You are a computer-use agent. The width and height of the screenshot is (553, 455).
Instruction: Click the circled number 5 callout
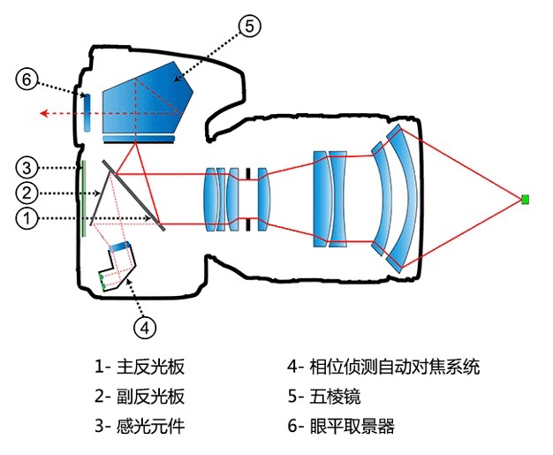(x=250, y=27)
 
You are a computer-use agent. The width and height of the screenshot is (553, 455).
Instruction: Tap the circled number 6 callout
(x=27, y=80)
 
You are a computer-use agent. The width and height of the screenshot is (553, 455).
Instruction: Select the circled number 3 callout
(x=27, y=167)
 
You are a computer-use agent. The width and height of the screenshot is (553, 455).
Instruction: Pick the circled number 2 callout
(x=27, y=193)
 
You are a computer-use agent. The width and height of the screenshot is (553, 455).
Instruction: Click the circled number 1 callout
(x=27, y=218)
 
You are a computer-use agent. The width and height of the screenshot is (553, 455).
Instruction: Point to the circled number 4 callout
(x=145, y=329)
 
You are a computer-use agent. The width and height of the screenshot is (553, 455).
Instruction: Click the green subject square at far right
(x=526, y=200)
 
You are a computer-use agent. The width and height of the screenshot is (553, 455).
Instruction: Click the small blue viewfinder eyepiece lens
(x=87, y=113)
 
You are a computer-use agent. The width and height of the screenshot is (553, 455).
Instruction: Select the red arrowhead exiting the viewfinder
(x=44, y=113)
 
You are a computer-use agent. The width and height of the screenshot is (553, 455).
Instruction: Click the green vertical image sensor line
(x=84, y=199)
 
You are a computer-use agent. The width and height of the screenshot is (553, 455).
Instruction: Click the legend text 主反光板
(x=150, y=367)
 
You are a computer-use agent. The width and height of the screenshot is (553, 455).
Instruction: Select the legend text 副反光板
(x=150, y=397)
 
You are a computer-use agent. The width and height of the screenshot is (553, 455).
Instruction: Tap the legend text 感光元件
(x=150, y=426)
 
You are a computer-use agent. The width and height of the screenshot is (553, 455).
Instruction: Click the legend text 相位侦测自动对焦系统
(x=395, y=367)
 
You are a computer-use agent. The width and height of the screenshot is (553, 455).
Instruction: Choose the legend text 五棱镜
(x=336, y=397)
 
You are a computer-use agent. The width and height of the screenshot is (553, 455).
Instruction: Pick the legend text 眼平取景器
(x=352, y=426)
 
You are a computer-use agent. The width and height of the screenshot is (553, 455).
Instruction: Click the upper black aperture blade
(x=248, y=174)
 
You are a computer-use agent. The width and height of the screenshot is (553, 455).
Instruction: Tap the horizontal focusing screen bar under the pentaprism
(x=139, y=139)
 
